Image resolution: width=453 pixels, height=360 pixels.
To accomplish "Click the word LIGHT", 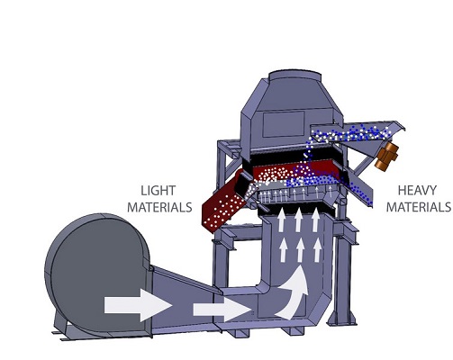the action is click(159, 191).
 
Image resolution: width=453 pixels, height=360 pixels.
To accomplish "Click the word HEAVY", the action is click(417, 191).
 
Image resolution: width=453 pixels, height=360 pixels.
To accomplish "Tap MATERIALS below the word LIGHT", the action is click(159, 207).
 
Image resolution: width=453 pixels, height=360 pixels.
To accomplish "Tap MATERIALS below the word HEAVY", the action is click(418, 207).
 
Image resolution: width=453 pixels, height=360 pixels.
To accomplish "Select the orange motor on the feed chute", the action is click(387, 157).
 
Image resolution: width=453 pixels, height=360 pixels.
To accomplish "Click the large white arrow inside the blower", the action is click(138, 305).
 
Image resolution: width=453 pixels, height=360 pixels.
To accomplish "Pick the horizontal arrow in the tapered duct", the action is click(222, 310).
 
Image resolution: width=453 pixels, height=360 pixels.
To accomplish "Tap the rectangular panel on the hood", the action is click(284, 124).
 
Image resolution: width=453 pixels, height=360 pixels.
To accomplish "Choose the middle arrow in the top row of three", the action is click(298, 220).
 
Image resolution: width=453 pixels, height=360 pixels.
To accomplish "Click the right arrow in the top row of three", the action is click(315, 220).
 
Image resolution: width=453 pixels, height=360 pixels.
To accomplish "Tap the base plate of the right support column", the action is click(342, 321).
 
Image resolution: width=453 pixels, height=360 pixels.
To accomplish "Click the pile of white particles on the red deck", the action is click(275, 175).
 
